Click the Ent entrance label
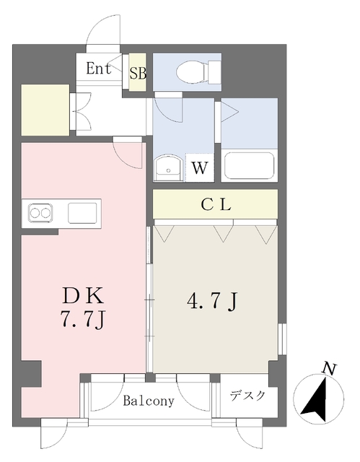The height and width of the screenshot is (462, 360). (98, 69)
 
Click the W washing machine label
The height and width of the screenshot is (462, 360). (200, 170)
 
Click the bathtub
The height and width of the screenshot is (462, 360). (249, 166)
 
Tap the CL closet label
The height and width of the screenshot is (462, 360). (215, 205)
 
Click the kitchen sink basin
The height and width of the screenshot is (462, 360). (82, 214)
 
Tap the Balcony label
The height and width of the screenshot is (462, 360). (148, 401)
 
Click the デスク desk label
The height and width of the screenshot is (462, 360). (247, 396)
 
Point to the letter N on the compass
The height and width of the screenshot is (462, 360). (328, 369)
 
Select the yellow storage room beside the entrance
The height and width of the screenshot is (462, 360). (45, 110)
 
